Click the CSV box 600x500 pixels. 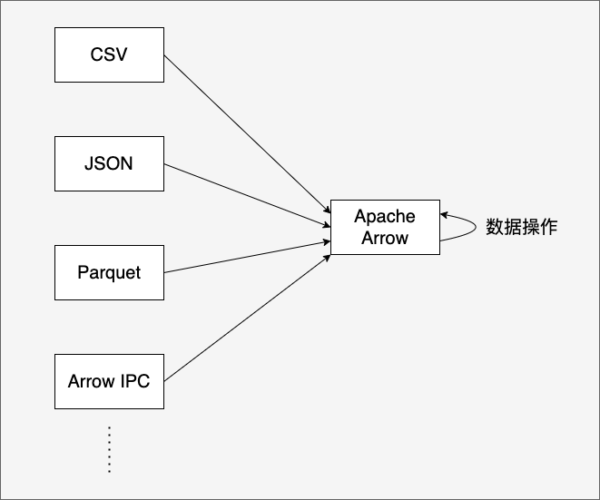pos(110,54)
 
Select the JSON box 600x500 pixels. pos(110,163)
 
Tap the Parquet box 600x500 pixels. pos(110,273)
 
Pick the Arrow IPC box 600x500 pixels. pos(110,381)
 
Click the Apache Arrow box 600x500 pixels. pos(386,227)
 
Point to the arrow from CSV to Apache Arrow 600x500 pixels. pos(247,134)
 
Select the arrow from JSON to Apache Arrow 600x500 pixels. pos(247,195)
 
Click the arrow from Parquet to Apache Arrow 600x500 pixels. pos(247,257)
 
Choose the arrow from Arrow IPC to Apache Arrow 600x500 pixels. pos(247,319)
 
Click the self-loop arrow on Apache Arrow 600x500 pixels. pos(476,227)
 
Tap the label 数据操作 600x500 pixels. pos(522,227)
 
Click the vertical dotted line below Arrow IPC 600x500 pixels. pos(110,449)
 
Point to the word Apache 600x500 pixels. pos(385,217)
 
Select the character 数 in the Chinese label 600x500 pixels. pos(495,227)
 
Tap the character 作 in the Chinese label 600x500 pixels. pos(549,227)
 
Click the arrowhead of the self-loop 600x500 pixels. pos(444,215)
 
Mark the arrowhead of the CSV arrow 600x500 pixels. pos(327,210)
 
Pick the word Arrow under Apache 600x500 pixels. pos(385,238)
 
